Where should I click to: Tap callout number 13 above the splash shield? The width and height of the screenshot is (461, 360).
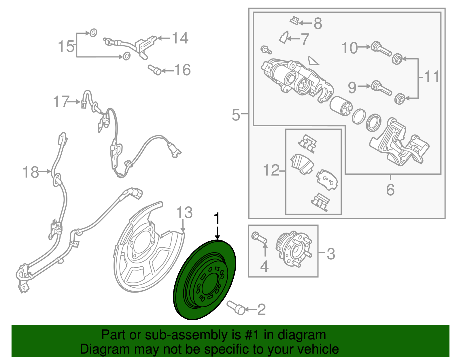[x=184, y=212]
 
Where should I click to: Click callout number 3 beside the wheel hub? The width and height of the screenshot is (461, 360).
[x=331, y=254]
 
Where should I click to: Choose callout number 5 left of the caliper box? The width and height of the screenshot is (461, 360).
[x=236, y=115]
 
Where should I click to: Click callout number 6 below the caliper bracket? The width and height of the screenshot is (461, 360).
[x=390, y=190]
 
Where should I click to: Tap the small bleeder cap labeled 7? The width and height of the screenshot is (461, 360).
[x=284, y=37]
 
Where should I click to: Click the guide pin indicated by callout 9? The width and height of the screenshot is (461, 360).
[x=381, y=88]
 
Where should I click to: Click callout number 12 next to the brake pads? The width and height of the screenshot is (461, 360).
[x=271, y=170]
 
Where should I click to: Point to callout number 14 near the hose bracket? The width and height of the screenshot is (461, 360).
[x=180, y=38]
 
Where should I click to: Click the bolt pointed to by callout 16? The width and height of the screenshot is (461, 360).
[x=155, y=70]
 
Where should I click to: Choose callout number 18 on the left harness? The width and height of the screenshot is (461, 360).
[x=31, y=172]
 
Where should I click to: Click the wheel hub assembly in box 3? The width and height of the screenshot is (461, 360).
[x=294, y=250]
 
